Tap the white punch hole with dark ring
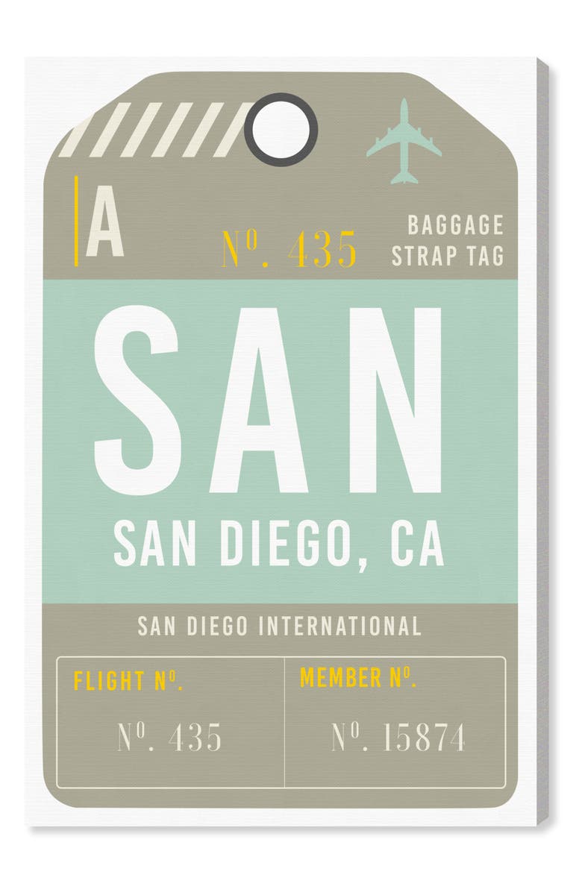[281, 128]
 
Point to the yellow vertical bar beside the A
[76, 222]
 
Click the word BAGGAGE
[455, 224]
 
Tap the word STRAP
[425, 255]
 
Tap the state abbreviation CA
[417, 544]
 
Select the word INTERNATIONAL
[339, 626]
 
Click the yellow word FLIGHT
[109, 680]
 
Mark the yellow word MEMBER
[341, 678]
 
